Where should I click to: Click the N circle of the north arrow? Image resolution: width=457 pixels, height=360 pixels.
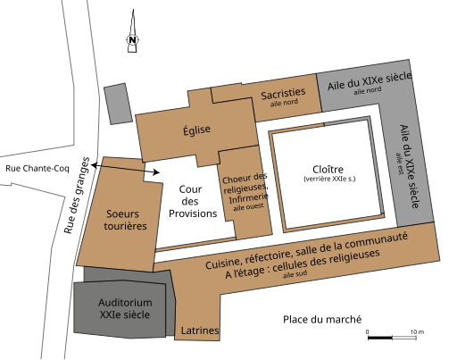pos(133,39)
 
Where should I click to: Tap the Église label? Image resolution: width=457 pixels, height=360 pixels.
pos(196,130)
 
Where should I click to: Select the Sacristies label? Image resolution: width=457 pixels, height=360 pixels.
pos(283,93)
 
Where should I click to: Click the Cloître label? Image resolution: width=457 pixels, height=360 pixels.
pos(328,169)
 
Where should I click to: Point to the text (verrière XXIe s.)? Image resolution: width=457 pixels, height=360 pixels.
pos(329,179)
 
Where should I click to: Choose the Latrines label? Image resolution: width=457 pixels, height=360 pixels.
pos(200,331)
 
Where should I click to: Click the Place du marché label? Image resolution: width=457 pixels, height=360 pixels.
pos(322,320)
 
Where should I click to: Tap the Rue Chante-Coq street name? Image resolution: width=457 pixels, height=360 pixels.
pos(37,169)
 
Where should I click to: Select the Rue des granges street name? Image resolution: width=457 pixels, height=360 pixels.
pos(77,196)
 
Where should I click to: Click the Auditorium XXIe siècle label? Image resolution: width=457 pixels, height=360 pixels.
pos(125,308)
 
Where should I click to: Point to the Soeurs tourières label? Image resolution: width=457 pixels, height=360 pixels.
pos(125,220)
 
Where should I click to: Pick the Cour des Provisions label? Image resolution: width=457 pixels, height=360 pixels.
pos(193,201)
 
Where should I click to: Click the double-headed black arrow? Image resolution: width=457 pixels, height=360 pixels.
pos(125,169)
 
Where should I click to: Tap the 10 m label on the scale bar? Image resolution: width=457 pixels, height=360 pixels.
pos(417,331)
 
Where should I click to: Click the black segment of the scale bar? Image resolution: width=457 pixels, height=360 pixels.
pos(380,338)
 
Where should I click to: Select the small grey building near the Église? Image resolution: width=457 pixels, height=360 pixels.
pos(118,104)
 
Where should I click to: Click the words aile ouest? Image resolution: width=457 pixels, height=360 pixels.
pos(248,207)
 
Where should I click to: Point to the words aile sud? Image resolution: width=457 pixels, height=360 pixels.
pos(295,274)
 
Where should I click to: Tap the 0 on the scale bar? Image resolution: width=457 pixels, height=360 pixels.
pos(368,332)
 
